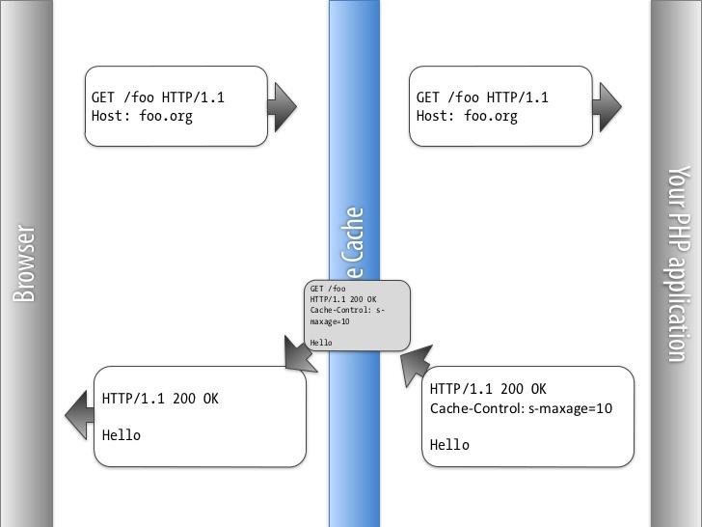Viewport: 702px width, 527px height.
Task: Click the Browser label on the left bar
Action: (25, 263)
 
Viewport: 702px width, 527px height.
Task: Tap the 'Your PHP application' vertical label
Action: (679, 263)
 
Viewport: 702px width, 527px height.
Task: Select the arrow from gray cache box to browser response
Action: (300, 353)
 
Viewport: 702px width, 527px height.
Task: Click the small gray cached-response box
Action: (357, 315)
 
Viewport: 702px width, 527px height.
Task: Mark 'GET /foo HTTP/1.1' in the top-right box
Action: (482, 97)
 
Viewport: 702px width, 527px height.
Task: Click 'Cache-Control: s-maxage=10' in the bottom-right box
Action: (521, 408)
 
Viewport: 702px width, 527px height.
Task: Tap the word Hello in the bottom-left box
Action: (121, 435)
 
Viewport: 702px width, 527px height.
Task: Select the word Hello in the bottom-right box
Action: (449, 445)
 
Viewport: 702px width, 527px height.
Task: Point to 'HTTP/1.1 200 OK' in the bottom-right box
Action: (488, 389)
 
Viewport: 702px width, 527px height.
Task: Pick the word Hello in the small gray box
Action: (321, 343)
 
